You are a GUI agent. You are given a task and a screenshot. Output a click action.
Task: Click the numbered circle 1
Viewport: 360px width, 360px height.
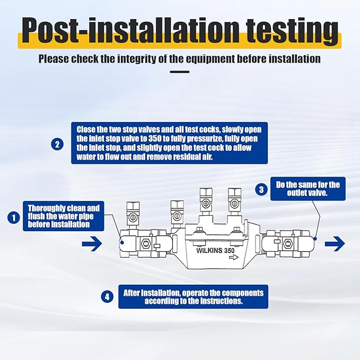(x=14, y=217)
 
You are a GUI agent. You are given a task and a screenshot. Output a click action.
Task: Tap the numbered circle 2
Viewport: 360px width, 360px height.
(x=57, y=144)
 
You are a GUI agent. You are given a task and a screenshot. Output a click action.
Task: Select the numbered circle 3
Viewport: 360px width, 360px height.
(x=261, y=190)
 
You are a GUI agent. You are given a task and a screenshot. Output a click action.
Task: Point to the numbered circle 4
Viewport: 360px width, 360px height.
(x=107, y=296)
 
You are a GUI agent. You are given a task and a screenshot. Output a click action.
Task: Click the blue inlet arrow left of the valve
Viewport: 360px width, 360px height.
(x=92, y=243)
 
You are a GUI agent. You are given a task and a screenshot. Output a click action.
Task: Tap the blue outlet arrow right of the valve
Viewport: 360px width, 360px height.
(x=335, y=243)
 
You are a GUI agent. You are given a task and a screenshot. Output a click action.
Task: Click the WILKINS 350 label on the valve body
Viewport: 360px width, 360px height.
(x=215, y=250)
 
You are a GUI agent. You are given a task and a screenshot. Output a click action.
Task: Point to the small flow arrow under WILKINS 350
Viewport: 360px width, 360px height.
(x=234, y=258)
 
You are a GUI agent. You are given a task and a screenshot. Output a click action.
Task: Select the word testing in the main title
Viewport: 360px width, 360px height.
(x=292, y=30)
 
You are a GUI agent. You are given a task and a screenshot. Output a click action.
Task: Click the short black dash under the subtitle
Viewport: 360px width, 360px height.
(x=180, y=72)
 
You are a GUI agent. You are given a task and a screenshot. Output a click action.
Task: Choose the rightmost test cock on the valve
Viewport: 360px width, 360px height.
(x=235, y=200)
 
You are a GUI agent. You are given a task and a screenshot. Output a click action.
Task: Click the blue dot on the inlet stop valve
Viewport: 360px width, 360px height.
(x=122, y=242)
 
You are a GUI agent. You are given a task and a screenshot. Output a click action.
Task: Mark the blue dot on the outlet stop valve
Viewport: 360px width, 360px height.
(x=315, y=239)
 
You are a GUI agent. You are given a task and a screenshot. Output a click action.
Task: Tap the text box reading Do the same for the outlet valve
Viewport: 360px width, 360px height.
(x=308, y=189)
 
